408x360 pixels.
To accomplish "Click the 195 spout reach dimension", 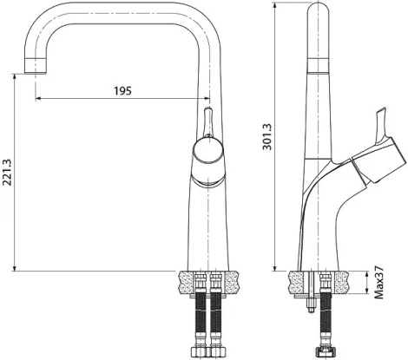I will (x=122, y=91).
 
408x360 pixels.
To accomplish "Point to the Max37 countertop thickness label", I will (x=380, y=283).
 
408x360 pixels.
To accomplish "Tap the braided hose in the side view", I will (x=326, y=317).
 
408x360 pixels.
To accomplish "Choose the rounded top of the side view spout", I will (x=321, y=10).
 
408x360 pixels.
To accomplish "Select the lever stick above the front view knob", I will (x=207, y=122).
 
